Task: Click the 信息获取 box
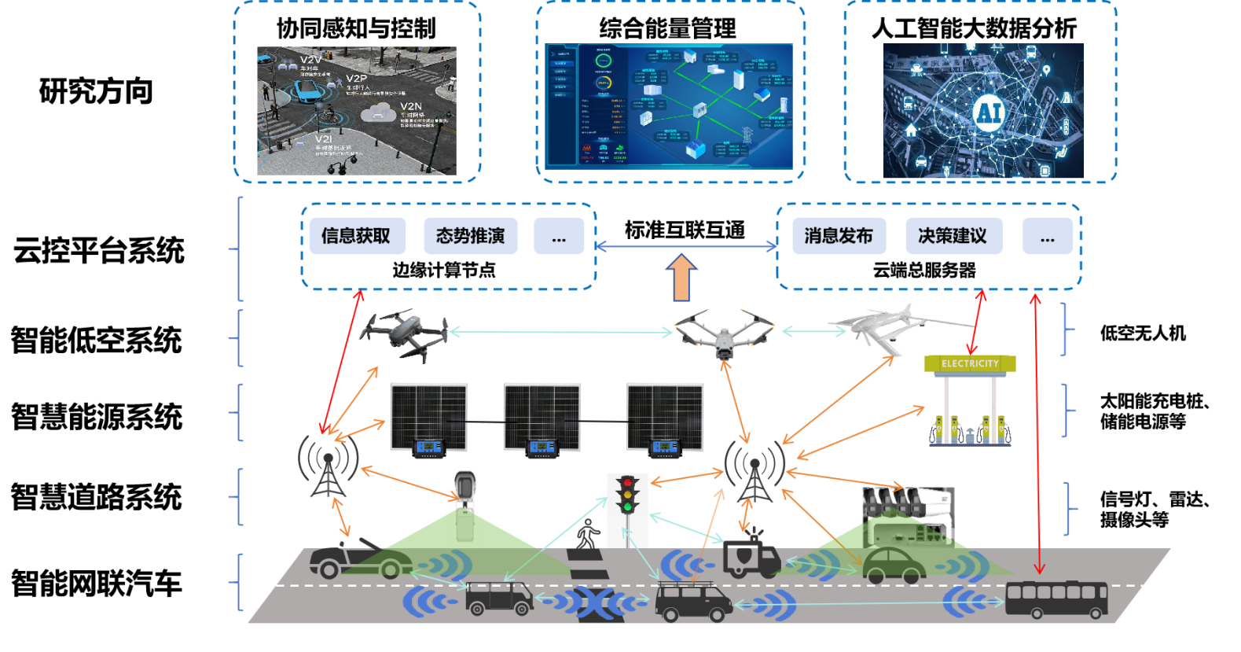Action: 357,236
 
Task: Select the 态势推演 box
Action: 470,236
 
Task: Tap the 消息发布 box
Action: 839,236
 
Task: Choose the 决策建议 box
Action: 953,236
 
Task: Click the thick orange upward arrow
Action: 681,278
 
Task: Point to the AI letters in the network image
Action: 988,112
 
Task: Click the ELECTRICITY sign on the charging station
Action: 970,363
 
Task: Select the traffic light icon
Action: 626,495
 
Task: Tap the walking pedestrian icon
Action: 587,535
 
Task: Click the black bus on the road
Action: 1056,599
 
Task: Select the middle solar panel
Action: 542,421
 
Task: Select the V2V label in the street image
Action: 310,60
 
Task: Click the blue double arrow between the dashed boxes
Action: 685,246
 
